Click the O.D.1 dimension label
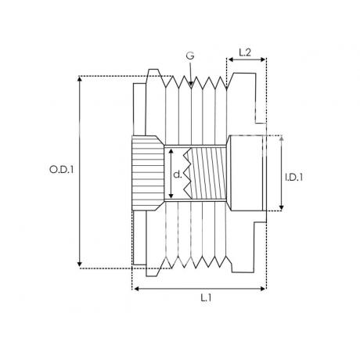[61, 170]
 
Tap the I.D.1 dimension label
[294, 178]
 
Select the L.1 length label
[206, 297]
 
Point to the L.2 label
[245, 52]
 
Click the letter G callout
[190, 56]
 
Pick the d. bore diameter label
[178, 175]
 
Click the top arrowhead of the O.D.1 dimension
[80, 79]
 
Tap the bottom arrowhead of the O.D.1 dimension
[80, 264]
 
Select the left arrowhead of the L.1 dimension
[135, 289]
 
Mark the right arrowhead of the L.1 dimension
[263, 289]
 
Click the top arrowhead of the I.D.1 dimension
[281, 139]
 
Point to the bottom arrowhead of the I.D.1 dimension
[281, 207]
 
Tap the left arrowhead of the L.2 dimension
[230, 59]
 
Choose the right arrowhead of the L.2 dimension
[263, 59]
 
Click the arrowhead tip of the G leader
[191, 85]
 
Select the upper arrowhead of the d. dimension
[171, 152]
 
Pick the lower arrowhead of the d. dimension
[171, 196]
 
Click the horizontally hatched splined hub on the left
[148, 173]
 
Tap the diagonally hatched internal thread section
[208, 173]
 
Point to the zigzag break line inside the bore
[187, 173]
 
